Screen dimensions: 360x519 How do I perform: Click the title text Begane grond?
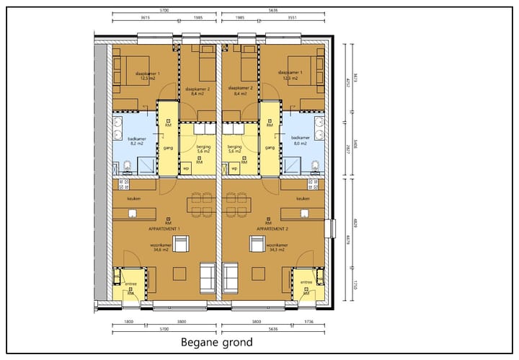[x=216, y=342]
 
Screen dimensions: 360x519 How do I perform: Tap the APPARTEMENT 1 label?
[x=164, y=229]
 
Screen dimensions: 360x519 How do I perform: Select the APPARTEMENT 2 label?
[x=272, y=229]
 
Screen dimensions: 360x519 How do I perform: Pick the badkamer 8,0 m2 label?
[x=299, y=140]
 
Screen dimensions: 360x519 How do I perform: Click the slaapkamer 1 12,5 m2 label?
[x=148, y=76]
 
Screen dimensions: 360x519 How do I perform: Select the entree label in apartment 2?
[x=306, y=282]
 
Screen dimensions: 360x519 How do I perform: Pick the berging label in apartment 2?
[x=235, y=148]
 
